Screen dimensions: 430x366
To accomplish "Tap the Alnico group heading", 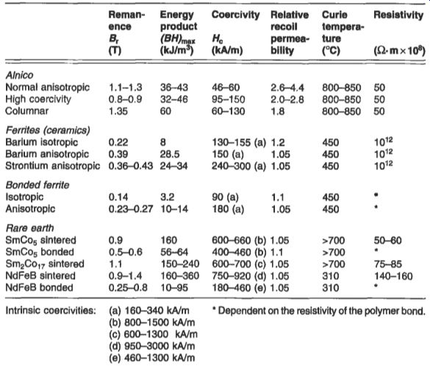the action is pyautogui.click(x=19, y=75).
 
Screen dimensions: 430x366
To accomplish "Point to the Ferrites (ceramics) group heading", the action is pyautogui.click(x=48, y=130).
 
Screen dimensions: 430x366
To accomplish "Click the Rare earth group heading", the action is pyautogui.click(x=30, y=228).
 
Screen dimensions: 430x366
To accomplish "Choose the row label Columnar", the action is pyautogui.click(x=27, y=111).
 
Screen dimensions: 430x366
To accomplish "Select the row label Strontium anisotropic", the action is pyautogui.click(x=53, y=166).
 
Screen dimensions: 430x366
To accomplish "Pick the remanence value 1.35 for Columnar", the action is pyautogui.click(x=118, y=111).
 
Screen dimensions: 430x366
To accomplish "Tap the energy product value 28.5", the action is pyautogui.click(x=170, y=154).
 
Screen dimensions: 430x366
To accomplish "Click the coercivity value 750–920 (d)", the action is pyautogui.click(x=239, y=276).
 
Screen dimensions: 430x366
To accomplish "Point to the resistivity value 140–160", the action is pyautogui.click(x=393, y=276).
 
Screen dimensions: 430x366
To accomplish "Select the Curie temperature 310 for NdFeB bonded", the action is pyautogui.click(x=331, y=288).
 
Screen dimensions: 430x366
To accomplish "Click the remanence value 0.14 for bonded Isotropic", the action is pyautogui.click(x=118, y=197).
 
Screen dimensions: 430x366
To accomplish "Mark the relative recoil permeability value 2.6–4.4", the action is pyautogui.click(x=287, y=88).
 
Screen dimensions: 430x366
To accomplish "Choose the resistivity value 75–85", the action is pyautogui.click(x=388, y=264).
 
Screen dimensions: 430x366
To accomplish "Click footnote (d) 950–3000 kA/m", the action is pyautogui.click(x=152, y=346).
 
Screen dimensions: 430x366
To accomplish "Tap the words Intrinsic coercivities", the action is pyautogui.click(x=51, y=311).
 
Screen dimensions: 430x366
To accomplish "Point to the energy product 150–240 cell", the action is pyautogui.click(x=180, y=264).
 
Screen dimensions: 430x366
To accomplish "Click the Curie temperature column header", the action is pyautogui.click(x=343, y=32).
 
